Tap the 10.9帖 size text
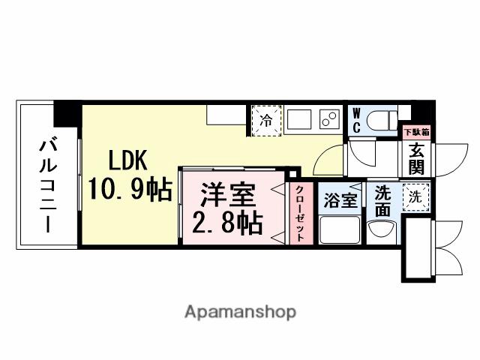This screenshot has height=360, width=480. point(130,188)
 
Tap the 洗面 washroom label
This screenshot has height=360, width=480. point(382,200)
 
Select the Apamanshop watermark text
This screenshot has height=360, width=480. point(239,311)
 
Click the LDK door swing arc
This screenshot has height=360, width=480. point(328,161)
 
